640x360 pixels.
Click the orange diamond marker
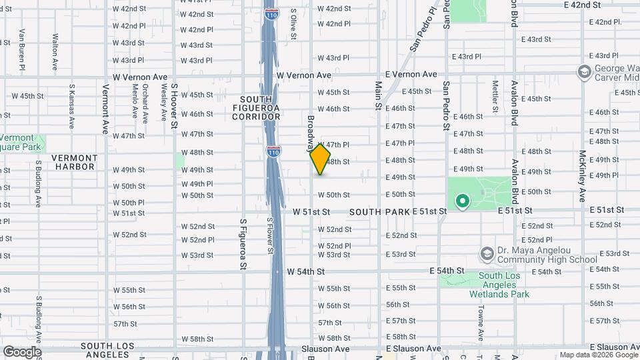pos(321,159)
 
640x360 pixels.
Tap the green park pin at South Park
pos(461,200)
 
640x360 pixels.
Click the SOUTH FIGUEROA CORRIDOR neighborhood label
pos(256,108)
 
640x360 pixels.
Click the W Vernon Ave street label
pos(140,77)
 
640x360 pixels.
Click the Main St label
pos(378,95)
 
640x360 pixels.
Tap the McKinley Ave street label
pos(582,176)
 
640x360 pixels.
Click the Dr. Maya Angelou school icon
pos(487,253)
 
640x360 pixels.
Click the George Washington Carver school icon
pos(585,71)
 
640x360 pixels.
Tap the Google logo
pos(22,352)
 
